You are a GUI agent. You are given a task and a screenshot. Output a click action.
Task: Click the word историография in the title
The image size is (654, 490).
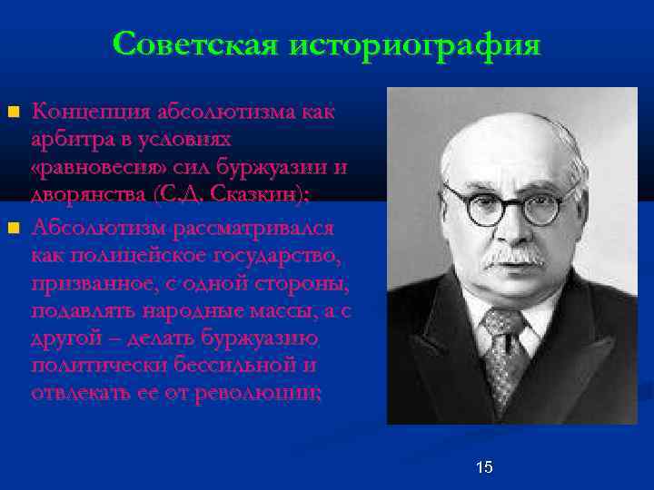(412, 44)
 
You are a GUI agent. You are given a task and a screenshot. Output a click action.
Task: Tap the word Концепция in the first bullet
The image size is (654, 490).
(87, 113)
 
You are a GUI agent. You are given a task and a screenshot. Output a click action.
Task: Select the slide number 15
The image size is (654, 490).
(484, 467)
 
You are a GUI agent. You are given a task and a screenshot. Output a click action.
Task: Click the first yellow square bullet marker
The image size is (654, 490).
(13, 113)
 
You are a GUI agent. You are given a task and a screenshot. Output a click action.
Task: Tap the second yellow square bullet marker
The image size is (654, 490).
(13, 226)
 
